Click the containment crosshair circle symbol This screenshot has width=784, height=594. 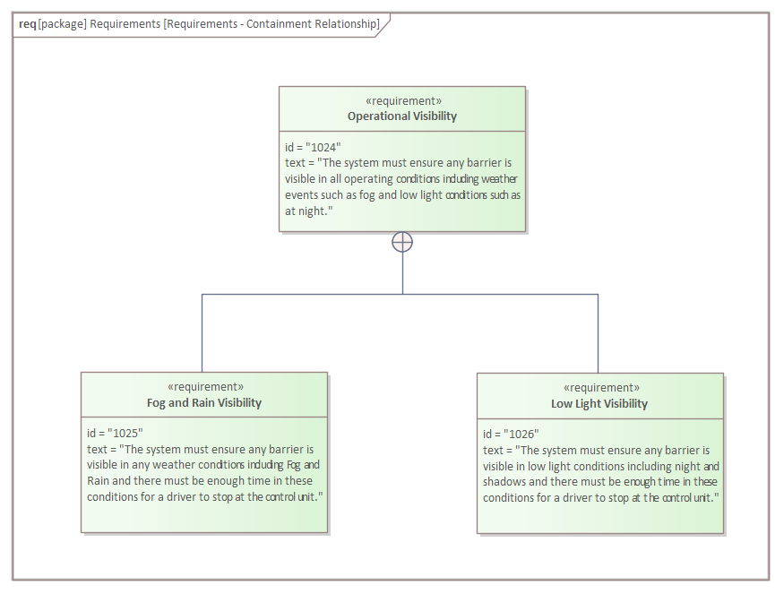click(x=402, y=242)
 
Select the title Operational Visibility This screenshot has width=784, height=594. click(x=402, y=116)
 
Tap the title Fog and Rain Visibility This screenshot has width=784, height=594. click(x=204, y=402)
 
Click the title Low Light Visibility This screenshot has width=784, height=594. click(x=599, y=403)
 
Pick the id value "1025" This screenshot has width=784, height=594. click(x=125, y=433)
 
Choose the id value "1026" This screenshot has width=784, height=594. click(x=521, y=434)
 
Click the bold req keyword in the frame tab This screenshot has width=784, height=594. click(x=28, y=24)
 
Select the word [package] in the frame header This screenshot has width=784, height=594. click(x=63, y=24)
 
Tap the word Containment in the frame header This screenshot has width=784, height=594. click(x=276, y=24)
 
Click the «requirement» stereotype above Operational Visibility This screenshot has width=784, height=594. click(x=403, y=101)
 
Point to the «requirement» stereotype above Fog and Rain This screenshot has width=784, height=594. click(x=205, y=387)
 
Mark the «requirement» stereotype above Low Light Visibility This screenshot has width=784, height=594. click(x=601, y=388)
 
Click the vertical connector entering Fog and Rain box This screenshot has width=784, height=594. click(x=202, y=333)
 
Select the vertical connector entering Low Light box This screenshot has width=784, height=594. click(x=598, y=333)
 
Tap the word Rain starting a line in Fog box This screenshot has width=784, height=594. click(x=98, y=481)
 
